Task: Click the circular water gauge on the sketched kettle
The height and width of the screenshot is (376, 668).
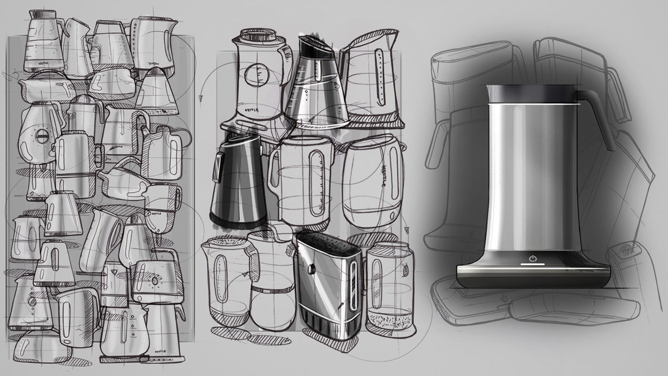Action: click(x=257, y=75)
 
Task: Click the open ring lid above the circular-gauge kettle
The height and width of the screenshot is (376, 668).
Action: click(x=258, y=35)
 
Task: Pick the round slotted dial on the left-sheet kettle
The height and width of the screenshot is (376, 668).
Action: click(x=39, y=133)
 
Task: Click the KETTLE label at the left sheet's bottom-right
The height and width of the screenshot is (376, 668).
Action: click(x=160, y=354)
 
